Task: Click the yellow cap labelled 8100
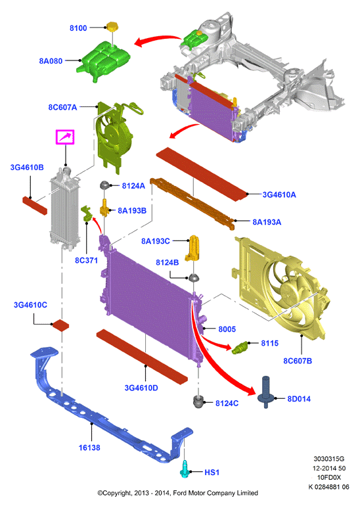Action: click(112, 27)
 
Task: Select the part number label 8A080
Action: click(51, 61)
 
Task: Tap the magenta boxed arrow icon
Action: click(65, 137)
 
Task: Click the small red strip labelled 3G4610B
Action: click(35, 205)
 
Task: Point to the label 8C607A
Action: click(62, 107)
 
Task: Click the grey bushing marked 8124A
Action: click(105, 185)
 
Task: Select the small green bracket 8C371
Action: click(87, 214)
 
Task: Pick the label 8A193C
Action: click(156, 241)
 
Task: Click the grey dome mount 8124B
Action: click(194, 277)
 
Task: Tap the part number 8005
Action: click(227, 329)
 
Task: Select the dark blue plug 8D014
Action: click(266, 392)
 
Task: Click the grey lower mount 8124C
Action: click(198, 402)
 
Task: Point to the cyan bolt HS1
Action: click(185, 470)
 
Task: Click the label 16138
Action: click(89, 448)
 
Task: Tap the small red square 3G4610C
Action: click(60, 325)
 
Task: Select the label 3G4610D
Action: click(141, 388)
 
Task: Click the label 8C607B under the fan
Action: click(298, 361)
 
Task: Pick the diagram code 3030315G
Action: click(328, 459)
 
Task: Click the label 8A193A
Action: click(267, 222)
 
